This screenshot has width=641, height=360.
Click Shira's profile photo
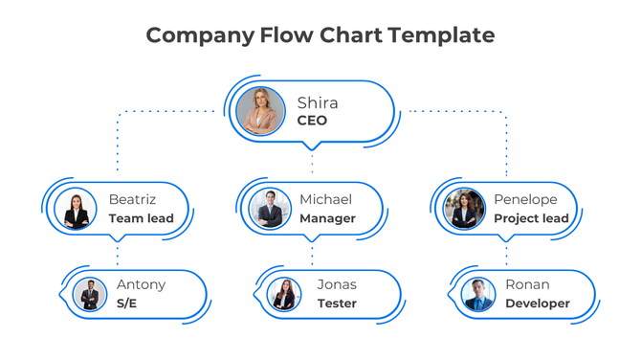[x=260, y=111]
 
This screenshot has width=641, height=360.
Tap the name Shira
[x=317, y=102]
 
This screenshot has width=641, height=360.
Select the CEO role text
[x=312, y=121]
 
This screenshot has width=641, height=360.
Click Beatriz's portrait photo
[x=77, y=210]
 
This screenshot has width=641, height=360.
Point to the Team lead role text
[x=141, y=218]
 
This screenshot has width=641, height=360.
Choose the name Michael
[x=325, y=199]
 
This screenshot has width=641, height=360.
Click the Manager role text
[x=327, y=218]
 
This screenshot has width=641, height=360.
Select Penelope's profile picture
[x=465, y=210]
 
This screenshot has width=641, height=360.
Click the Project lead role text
[x=531, y=218]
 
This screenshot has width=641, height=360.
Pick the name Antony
[x=141, y=284]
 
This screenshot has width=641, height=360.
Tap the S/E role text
[x=127, y=304]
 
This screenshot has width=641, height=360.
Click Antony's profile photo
[x=90, y=294]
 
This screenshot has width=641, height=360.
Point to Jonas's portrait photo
[x=283, y=294]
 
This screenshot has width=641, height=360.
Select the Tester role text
[x=337, y=304]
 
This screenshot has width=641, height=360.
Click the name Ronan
[x=527, y=284]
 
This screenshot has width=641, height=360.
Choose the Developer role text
[x=537, y=304]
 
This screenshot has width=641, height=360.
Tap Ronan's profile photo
[x=477, y=294]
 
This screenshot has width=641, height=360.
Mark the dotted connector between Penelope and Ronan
[x=506, y=253]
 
